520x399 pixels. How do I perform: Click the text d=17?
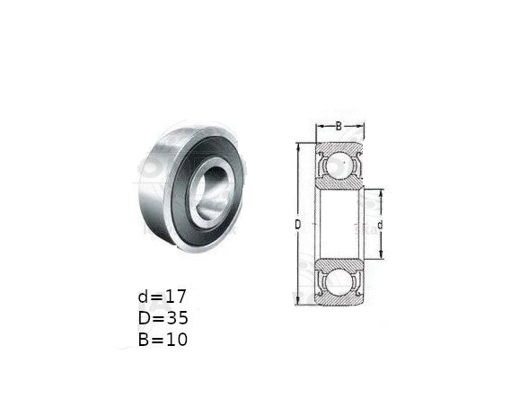[x=162, y=297]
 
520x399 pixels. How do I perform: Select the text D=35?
[x=163, y=318]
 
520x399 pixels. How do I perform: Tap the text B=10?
[x=163, y=340]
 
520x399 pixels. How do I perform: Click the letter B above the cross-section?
[x=339, y=126]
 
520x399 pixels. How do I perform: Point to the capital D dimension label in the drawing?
[x=298, y=225]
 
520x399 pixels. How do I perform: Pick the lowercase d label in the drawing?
[x=381, y=225]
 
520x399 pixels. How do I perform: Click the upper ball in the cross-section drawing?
[x=339, y=165]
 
